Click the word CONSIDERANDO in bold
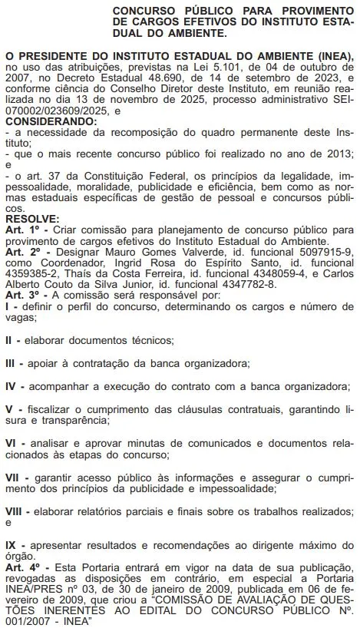[x=50, y=121]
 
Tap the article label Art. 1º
[x=21, y=229]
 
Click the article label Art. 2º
[x=22, y=250]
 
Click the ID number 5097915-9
[x=322, y=250]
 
